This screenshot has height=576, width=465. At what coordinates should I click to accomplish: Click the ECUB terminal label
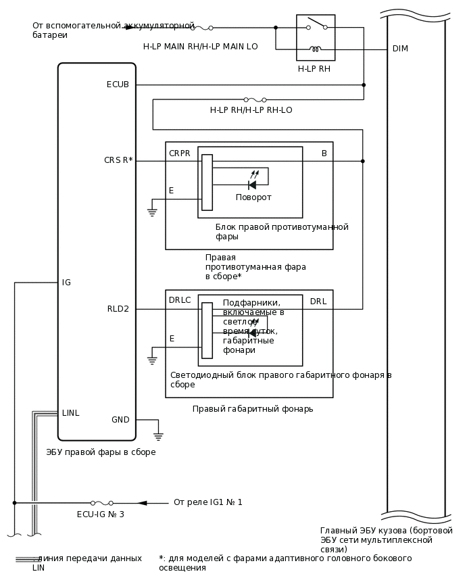118,85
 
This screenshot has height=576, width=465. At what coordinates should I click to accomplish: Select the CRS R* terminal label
118,161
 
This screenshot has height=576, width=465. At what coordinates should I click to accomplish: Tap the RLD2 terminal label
118,309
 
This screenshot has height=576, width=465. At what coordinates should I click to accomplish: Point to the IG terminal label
66,283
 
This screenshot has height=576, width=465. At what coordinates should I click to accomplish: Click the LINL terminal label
71,413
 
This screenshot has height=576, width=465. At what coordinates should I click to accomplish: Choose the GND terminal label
120,420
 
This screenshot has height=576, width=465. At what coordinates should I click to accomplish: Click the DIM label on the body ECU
400,49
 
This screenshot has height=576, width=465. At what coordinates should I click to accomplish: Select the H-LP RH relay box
316,38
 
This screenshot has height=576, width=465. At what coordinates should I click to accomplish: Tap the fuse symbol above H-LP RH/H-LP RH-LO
255,99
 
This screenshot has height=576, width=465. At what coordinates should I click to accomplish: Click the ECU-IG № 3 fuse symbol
102,503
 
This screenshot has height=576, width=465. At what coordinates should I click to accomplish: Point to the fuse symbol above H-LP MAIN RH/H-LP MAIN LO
201,28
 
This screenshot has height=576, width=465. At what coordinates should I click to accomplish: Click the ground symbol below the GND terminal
158,435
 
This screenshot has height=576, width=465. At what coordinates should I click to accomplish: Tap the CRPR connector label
180,153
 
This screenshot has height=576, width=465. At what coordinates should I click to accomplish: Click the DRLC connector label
180,300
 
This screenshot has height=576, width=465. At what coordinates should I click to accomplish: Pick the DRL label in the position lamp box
318,301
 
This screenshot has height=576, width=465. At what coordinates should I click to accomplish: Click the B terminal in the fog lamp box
324,153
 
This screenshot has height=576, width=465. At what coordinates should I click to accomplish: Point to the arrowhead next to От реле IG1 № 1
142,503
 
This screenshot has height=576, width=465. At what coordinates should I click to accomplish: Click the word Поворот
253,197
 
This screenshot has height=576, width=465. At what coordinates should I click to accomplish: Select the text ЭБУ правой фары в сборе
101,452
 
